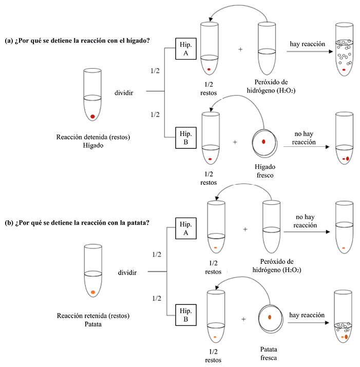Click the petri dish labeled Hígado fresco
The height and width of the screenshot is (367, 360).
(x=263, y=142)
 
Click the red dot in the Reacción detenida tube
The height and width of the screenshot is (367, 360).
(x=92, y=117)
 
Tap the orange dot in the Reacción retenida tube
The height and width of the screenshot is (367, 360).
(x=93, y=293)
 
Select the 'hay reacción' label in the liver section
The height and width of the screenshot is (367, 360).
(x=307, y=44)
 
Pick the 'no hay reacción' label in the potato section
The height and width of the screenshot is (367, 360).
(x=306, y=221)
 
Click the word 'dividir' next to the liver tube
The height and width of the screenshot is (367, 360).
(x=125, y=93)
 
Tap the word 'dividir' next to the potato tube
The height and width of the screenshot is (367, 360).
(x=127, y=272)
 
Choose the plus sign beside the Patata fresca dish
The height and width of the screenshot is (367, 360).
(x=243, y=319)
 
